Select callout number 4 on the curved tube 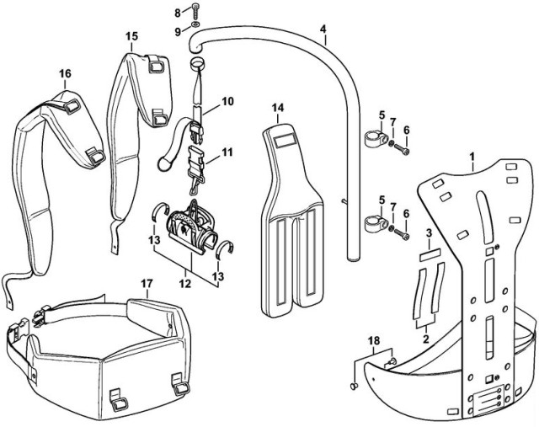tap(323, 29)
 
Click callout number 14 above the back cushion tap(279, 107)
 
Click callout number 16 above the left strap tap(64, 73)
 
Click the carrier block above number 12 tap(188, 227)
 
